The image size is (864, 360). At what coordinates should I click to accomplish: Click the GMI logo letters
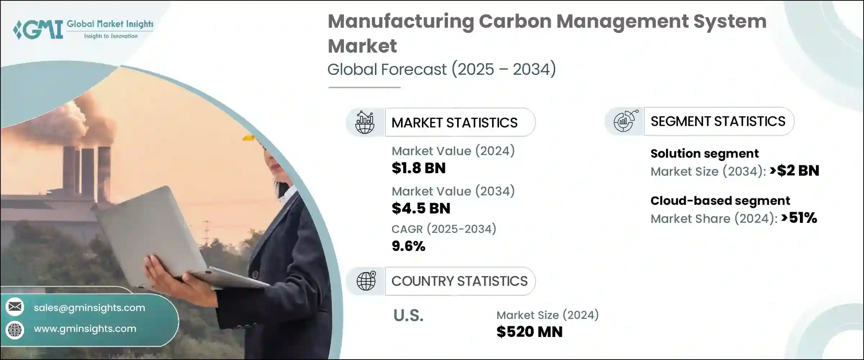pos(39,30)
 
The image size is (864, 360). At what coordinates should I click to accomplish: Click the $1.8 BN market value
pos(418,168)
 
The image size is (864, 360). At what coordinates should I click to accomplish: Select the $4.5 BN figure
pos(420,208)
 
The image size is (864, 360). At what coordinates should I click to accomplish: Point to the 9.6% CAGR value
pos(408,246)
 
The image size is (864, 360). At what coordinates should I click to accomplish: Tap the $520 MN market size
pos(529,332)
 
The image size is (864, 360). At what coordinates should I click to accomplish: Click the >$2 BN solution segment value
pos(794,171)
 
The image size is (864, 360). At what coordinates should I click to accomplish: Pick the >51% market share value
pos(799,218)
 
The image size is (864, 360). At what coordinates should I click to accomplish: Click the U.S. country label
pos(408,316)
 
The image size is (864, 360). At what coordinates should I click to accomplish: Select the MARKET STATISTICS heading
pos(454,123)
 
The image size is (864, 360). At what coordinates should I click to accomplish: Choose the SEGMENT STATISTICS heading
pos(718,122)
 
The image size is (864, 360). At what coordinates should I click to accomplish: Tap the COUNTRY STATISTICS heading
pos(459,281)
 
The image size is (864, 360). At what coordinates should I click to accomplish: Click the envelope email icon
pos(15,307)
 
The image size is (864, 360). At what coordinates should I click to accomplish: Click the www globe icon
pos(15,329)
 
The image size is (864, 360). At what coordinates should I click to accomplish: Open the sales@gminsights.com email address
pos(89,308)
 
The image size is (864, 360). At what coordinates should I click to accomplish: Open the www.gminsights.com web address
pos(85,329)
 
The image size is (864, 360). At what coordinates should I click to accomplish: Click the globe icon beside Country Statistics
pos(366,281)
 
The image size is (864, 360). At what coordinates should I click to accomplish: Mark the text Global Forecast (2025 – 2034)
pos(441,69)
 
